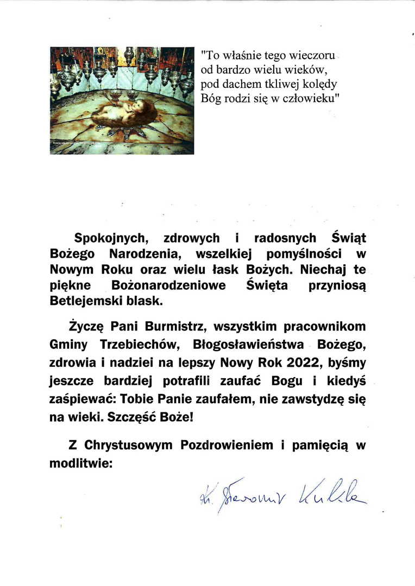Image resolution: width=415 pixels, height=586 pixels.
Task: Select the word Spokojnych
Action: (111, 238)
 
